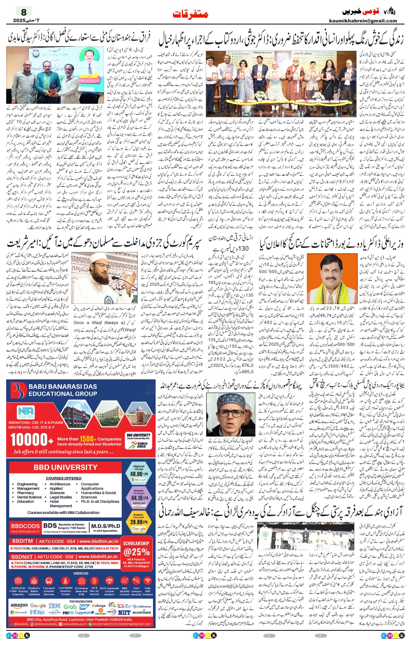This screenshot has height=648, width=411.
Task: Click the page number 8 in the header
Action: [x=24, y=12]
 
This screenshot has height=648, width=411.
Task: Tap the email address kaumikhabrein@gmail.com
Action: [x=363, y=20]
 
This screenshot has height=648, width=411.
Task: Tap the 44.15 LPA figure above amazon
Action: [x=138, y=498]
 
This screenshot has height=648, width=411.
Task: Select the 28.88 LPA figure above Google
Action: [x=138, y=522]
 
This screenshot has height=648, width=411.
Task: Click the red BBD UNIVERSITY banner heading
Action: [x=65, y=467]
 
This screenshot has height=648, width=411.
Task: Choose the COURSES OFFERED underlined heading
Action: [x=63, y=478]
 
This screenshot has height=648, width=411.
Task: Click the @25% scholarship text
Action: [x=137, y=552]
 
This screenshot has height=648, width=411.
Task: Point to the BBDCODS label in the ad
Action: [x=25, y=526]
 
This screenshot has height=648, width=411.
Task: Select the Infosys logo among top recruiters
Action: [x=37, y=612]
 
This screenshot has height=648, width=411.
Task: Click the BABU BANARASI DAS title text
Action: [x=63, y=386]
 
